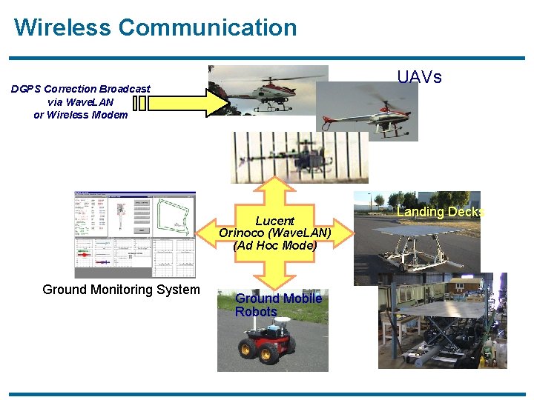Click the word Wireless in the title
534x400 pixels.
click(x=62, y=27)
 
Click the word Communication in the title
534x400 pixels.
click(x=207, y=27)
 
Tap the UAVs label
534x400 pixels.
click(x=419, y=77)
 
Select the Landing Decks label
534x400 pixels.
click(x=441, y=212)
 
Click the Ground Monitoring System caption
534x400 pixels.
click(x=121, y=290)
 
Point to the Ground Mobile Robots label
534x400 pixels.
click(x=277, y=304)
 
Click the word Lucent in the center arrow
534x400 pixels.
click(x=274, y=221)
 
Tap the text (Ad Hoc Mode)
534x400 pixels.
click(x=274, y=245)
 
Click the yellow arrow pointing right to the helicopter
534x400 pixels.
click(x=186, y=102)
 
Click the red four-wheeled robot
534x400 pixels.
click(x=263, y=344)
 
